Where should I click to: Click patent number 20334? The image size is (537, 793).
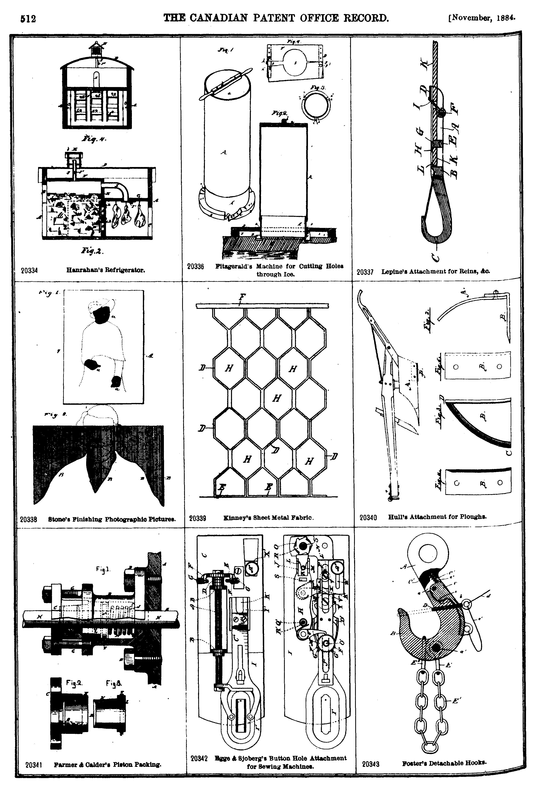tap(29, 271)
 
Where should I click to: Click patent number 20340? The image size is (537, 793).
tap(368, 517)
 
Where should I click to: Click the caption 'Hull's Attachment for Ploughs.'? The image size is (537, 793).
tap(437, 517)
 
